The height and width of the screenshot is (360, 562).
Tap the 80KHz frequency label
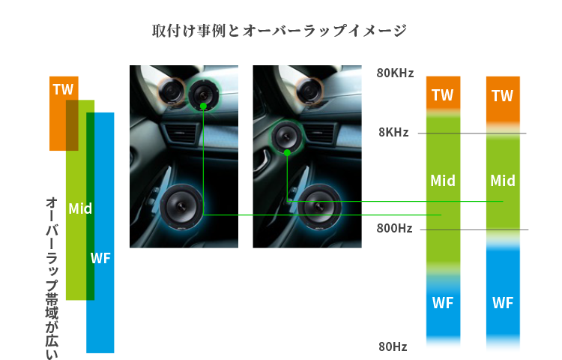(395, 73)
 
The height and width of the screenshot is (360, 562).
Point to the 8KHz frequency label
(393, 133)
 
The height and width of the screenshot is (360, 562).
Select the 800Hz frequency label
(395, 228)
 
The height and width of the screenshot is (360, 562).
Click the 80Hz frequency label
(393, 346)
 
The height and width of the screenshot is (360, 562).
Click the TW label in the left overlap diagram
(63, 90)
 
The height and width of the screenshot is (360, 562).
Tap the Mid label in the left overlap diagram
(80, 208)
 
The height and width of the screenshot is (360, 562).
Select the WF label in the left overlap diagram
(100, 259)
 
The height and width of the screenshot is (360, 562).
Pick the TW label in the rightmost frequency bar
(502, 96)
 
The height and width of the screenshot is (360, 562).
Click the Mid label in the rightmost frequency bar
(502, 181)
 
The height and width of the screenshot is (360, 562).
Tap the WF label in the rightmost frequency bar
(502, 303)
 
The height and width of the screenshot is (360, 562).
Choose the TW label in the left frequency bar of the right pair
(442, 95)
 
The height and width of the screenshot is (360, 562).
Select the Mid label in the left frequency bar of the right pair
(442, 181)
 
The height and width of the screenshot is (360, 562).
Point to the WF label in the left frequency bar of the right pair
(442, 303)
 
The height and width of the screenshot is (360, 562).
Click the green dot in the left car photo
(203, 106)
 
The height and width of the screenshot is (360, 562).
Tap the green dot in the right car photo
(287, 152)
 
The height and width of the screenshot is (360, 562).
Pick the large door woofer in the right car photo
(320, 208)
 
